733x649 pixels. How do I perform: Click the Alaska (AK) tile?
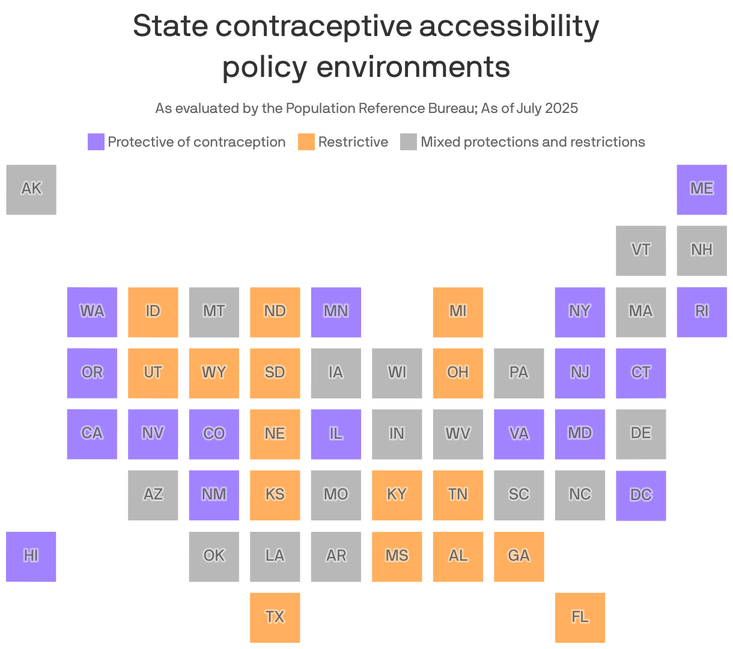31,189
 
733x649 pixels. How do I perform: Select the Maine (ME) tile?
701,189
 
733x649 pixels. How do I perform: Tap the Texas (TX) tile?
275,617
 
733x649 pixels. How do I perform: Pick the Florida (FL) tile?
580,617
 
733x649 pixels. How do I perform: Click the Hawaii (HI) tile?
31,556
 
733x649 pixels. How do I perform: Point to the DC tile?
640,495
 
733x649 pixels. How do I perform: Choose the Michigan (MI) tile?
458,312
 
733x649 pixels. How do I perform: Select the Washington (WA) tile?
92,312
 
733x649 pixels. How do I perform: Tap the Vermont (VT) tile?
640,251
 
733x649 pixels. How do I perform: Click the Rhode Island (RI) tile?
701,312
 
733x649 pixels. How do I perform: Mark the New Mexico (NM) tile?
214,495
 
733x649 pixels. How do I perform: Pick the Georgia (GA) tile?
519,556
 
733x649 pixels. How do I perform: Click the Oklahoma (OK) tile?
214,556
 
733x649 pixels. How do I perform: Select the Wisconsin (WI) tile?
397,373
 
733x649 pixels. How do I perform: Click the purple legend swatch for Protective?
96,142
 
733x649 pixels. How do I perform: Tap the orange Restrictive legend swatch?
306,142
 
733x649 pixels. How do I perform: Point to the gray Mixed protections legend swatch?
409,142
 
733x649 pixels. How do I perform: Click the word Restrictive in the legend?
353,142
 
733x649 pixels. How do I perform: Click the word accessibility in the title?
509,26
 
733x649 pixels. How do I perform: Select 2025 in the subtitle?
562,108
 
